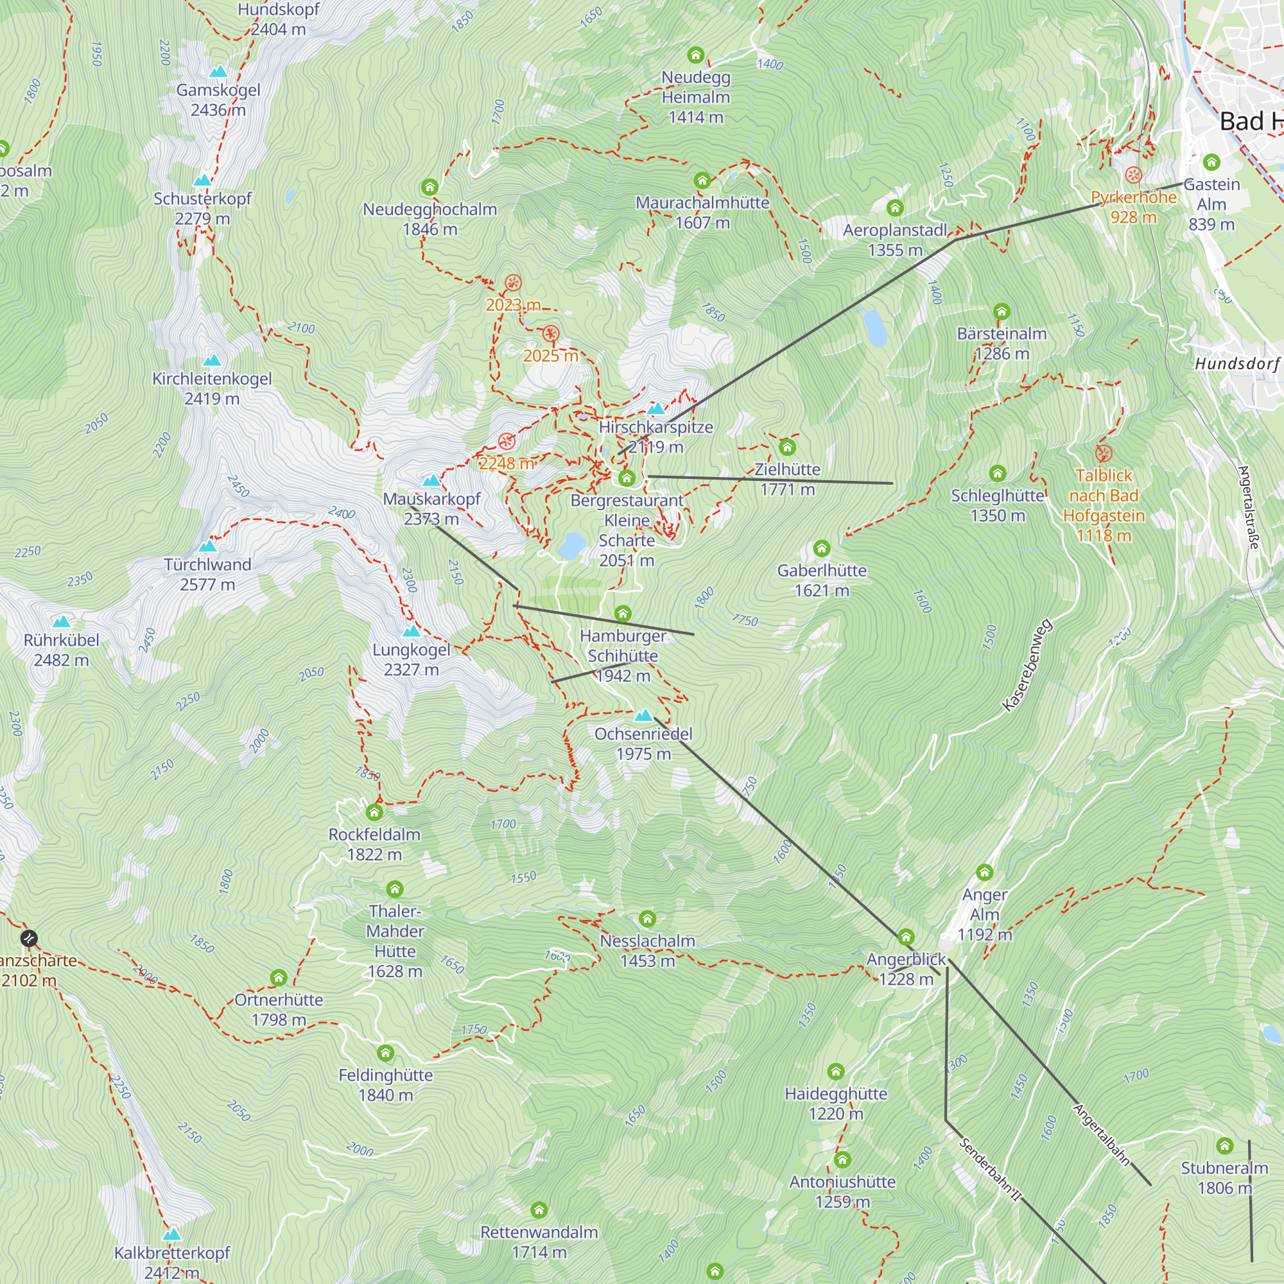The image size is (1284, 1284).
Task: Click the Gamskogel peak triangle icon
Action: pos(218,71)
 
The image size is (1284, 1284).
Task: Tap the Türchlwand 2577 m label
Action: pos(207,574)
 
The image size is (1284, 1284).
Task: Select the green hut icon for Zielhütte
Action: pos(787,447)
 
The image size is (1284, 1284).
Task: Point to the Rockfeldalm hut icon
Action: pos(374,812)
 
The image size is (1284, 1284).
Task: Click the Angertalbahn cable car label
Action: pos(1101,1134)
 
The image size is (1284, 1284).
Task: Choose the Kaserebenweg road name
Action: pos(1027,665)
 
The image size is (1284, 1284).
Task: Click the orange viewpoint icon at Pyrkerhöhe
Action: pos(1133,175)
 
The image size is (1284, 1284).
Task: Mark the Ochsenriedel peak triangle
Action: pos(643,716)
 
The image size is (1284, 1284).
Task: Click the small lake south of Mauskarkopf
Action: pos(571,546)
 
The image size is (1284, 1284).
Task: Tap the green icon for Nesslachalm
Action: pos(647,919)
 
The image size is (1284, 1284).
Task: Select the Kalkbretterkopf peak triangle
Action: pos(172,1235)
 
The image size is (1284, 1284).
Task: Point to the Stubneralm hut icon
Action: pos(1224,1146)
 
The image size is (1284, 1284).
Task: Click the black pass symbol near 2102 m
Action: pos(29,939)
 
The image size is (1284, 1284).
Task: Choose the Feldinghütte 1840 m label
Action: pos(385,1084)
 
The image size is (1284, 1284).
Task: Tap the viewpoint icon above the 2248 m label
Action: pos(507,441)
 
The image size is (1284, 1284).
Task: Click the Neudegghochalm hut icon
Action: pos(429,187)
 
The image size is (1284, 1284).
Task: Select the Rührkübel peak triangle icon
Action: pos(61,622)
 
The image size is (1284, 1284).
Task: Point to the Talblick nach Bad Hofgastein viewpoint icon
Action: pos(1103,454)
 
